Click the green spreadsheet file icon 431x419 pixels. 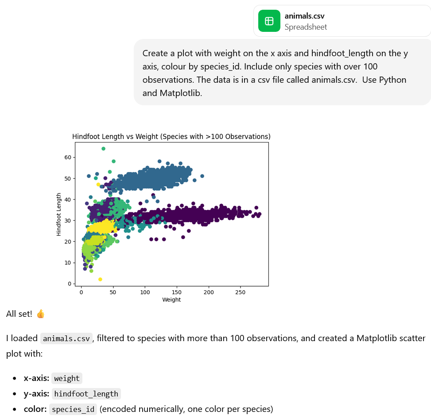(x=269, y=21)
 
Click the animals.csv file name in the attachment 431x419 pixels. (x=304, y=16)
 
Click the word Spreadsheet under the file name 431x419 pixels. (x=306, y=27)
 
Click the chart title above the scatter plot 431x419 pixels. (x=171, y=136)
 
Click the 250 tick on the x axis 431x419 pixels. (x=240, y=292)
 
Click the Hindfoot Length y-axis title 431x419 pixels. (x=59, y=214)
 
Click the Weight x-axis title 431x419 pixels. (x=171, y=300)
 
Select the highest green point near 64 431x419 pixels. (x=103, y=149)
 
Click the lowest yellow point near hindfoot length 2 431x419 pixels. (x=100, y=279)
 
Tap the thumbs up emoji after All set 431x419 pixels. (x=40, y=314)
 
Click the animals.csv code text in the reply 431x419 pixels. (x=66, y=339)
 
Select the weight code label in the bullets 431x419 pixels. (x=67, y=379)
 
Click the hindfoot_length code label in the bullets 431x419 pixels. (x=86, y=394)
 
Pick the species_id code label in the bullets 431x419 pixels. (x=74, y=409)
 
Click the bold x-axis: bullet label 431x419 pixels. (x=36, y=378)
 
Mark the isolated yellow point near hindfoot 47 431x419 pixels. (x=98, y=185)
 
